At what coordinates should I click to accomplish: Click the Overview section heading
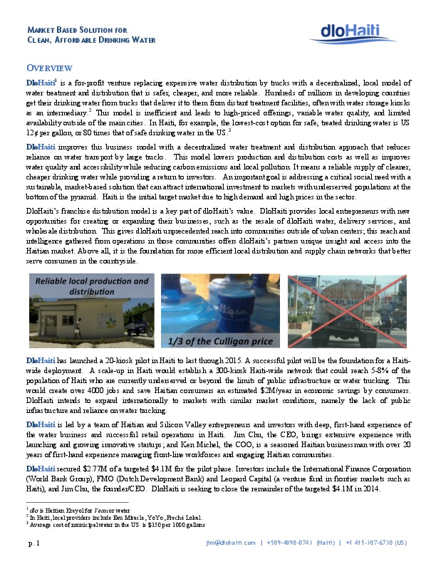click(48, 68)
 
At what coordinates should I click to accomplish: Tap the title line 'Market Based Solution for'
click(77, 30)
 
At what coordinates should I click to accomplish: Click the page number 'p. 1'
click(33, 543)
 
